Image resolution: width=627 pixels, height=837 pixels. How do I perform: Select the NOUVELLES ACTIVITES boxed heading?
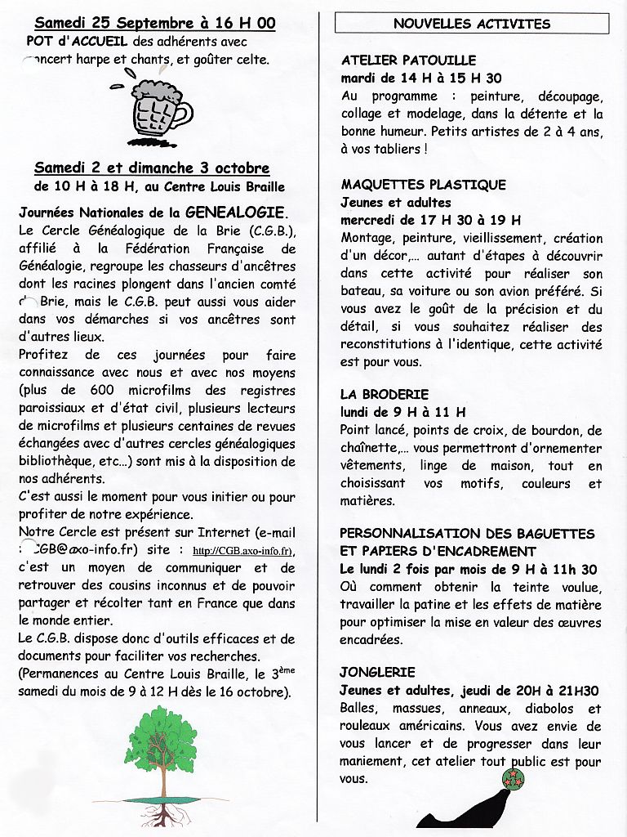coord(471,24)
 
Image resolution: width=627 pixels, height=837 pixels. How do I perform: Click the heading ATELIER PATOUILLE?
coord(408,60)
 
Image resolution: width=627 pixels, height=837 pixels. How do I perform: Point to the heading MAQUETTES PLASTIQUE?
coord(423,185)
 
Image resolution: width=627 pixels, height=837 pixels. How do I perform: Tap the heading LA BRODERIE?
coord(385,394)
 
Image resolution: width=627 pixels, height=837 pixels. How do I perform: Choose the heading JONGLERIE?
coord(378,672)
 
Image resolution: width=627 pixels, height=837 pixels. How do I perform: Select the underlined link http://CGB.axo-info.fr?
coord(245,550)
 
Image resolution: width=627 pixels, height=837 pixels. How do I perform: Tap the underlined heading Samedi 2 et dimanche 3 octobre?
coord(152,168)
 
